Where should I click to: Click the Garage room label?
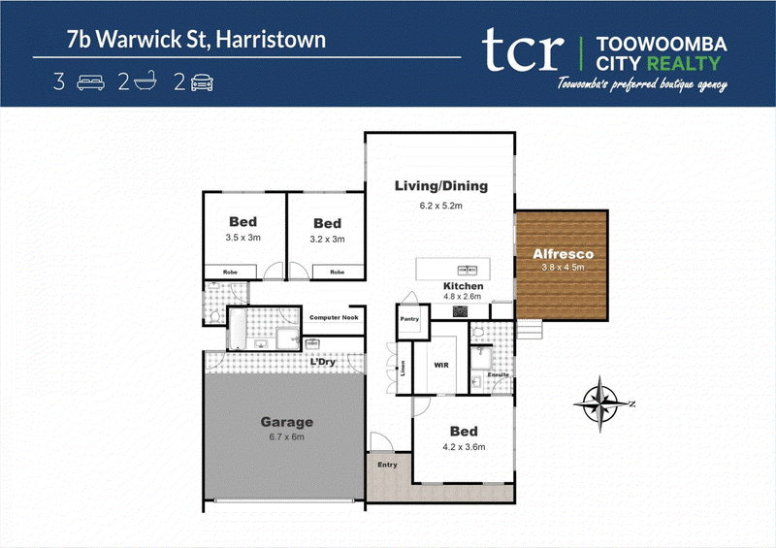tap(286, 422)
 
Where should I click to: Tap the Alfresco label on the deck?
tap(563, 254)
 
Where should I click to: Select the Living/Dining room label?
tap(441, 186)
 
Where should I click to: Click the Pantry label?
tap(409, 319)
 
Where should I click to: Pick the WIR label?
tap(441, 366)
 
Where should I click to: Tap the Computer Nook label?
tap(334, 317)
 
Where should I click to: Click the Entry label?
tap(387, 465)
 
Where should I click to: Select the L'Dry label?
tap(323, 362)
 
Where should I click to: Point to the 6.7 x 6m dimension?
tap(286, 436)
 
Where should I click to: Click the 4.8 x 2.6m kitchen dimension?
tap(462, 297)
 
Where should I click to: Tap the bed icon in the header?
tap(90, 82)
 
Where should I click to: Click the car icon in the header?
tap(202, 82)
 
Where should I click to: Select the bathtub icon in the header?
tap(145, 81)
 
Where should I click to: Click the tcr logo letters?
tap(523, 49)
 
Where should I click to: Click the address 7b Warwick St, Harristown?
tap(197, 40)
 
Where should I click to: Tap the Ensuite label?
tap(498, 374)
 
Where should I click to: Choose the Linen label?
tap(403, 368)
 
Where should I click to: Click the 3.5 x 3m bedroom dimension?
tap(243, 238)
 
